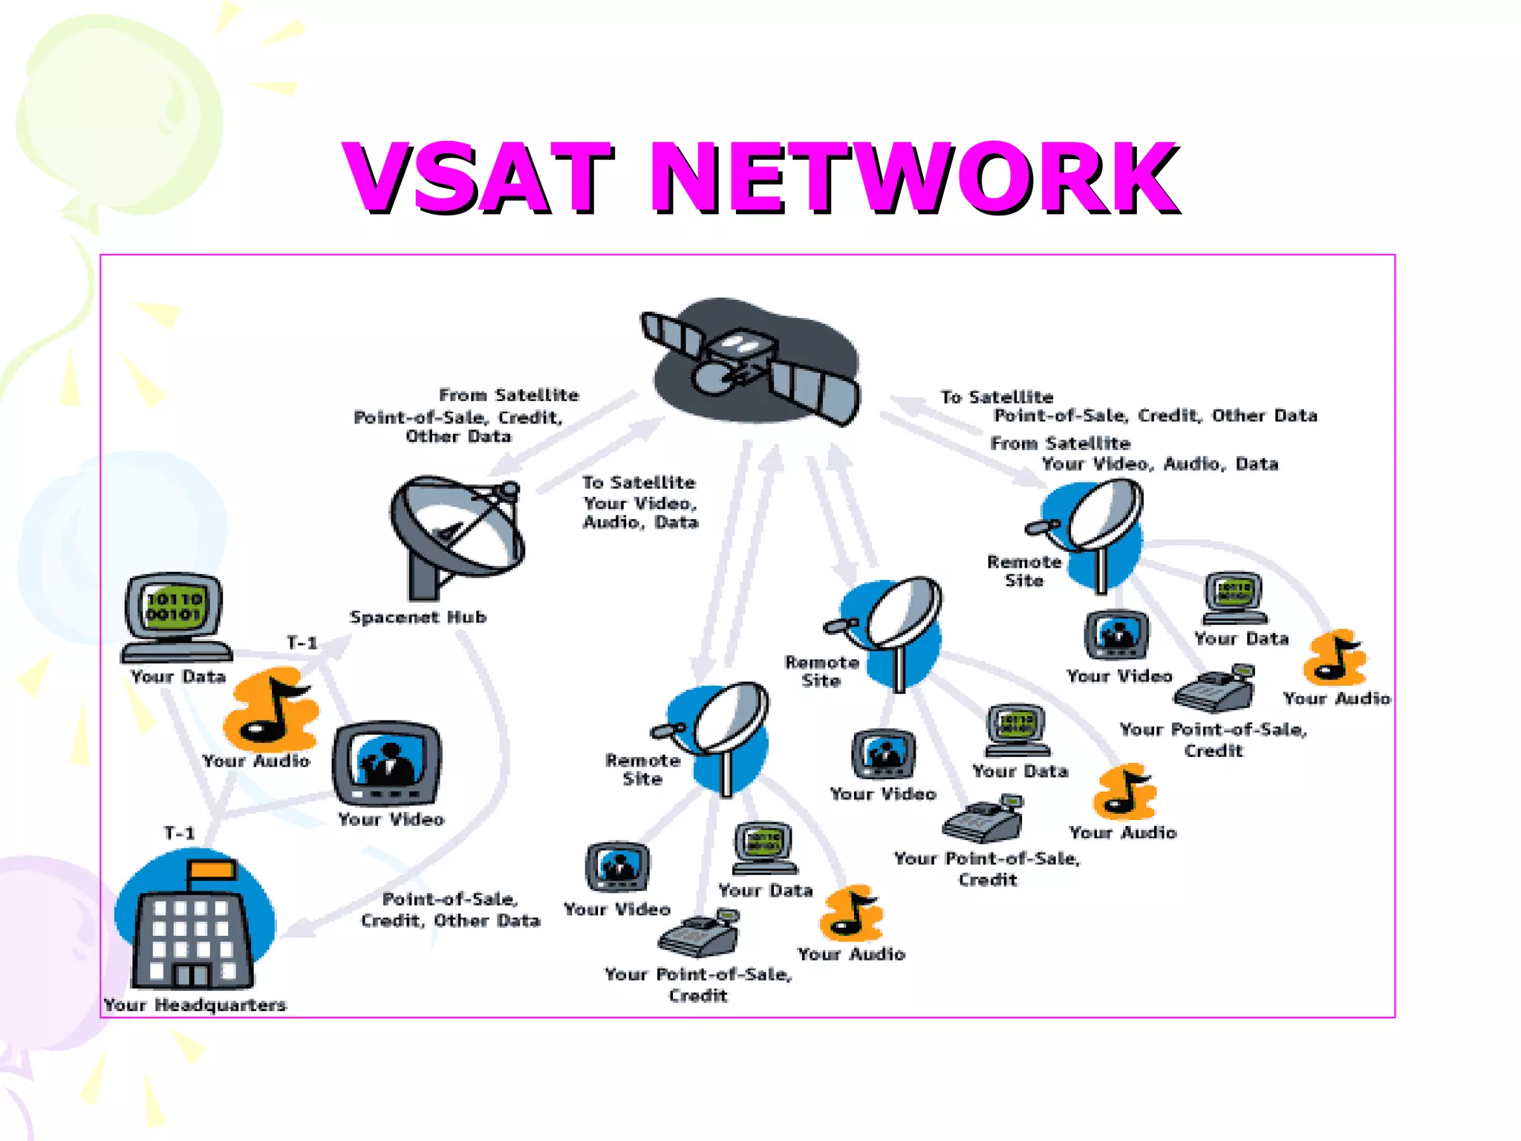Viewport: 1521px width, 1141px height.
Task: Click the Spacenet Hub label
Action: click(417, 617)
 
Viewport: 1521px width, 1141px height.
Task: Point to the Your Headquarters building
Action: click(195, 929)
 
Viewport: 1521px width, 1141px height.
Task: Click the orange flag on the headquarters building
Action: click(212, 870)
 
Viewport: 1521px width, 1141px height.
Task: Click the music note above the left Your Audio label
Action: click(272, 709)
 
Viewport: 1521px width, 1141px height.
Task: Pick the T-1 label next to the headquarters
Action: click(179, 833)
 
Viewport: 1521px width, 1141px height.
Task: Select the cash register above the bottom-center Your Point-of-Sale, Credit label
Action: click(698, 934)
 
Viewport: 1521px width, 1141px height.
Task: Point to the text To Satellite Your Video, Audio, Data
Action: click(639, 503)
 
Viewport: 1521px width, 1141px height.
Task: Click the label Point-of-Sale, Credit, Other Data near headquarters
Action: click(450, 910)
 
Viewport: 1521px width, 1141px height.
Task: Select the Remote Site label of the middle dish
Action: click(821, 671)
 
